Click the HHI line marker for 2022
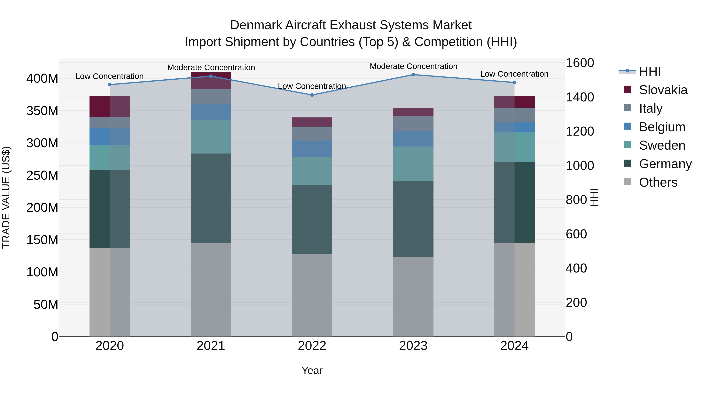click(x=312, y=95)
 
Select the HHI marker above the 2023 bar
click(x=413, y=75)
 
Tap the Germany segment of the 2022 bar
click(x=312, y=219)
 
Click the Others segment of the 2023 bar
click(x=413, y=296)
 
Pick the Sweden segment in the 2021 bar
click(x=211, y=137)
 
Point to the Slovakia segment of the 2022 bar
click(x=312, y=122)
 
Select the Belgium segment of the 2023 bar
click(x=413, y=138)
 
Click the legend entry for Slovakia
click(x=663, y=90)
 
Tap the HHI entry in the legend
click(x=650, y=71)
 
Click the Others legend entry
click(x=658, y=182)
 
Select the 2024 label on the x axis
click(x=514, y=346)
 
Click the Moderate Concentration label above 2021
click(x=211, y=67)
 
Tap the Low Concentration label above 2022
click(x=312, y=86)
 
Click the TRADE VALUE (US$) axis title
click(x=6, y=197)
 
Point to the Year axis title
click(x=312, y=370)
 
